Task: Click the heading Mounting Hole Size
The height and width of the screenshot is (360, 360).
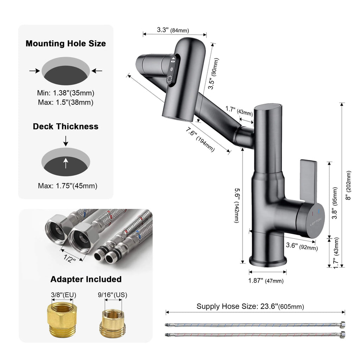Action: tap(66, 44)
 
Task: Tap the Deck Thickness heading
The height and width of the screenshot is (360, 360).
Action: tap(66, 126)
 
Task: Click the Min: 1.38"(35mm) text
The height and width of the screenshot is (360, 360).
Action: tap(66, 94)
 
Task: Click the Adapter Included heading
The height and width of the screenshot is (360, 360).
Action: tap(86, 279)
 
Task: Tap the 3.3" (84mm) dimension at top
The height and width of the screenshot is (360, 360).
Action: tap(172, 30)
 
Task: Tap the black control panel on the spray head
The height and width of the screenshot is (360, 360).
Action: tap(172, 70)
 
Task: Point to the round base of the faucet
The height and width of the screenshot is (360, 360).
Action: tap(268, 261)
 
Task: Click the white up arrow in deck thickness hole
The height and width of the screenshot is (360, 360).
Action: tap(66, 163)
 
